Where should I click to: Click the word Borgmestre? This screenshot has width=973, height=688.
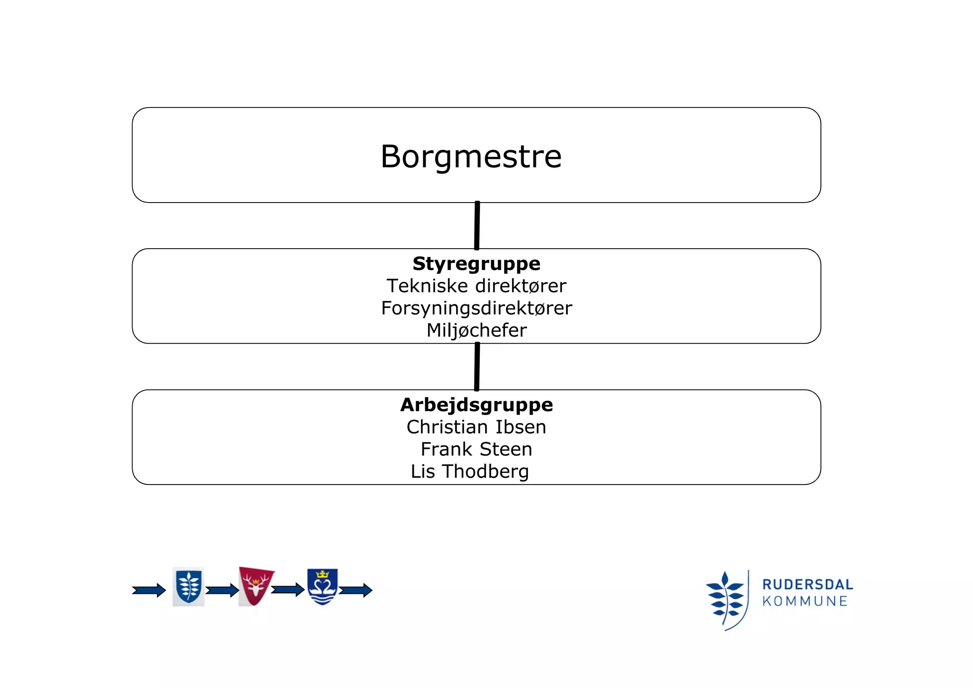(x=471, y=156)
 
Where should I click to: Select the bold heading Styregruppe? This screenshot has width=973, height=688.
(x=476, y=263)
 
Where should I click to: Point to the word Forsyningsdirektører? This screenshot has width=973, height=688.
(x=477, y=308)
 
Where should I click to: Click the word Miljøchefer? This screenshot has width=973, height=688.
(x=477, y=330)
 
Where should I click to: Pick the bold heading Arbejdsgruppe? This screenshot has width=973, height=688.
(x=477, y=405)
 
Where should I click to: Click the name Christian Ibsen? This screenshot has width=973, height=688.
(x=476, y=427)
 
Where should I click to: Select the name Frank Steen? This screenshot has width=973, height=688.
(x=476, y=449)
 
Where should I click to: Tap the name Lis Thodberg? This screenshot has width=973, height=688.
(x=469, y=471)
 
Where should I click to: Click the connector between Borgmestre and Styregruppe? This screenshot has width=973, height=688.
(x=477, y=225)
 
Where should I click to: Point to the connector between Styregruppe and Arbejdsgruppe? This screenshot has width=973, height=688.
(x=477, y=367)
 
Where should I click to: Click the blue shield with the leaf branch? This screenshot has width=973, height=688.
(x=189, y=586)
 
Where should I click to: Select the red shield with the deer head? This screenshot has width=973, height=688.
(x=256, y=586)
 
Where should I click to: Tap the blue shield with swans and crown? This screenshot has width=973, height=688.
(x=322, y=586)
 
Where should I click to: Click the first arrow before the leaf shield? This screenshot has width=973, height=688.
(x=149, y=591)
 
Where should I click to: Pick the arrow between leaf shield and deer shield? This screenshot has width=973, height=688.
(x=222, y=591)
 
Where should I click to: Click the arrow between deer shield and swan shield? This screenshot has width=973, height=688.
(x=287, y=590)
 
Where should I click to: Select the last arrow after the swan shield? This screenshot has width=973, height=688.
(x=355, y=591)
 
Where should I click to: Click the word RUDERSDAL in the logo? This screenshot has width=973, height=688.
(x=807, y=584)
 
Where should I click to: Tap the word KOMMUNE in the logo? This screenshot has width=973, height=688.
(x=805, y=601)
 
